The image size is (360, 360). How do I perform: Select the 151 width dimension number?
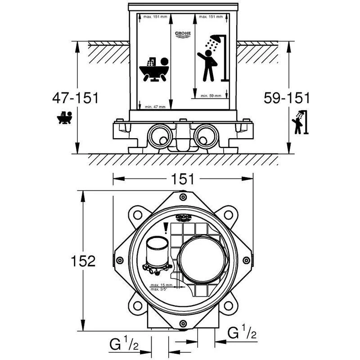click(182, 179)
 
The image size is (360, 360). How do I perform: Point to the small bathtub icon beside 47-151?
click(65, 118)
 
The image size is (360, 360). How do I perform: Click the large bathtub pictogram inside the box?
click(153, 70)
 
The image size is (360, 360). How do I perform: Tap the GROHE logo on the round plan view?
click(184, 218)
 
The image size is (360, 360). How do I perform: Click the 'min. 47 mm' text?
click(155, 107)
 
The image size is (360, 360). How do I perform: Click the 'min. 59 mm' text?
click(211, 96)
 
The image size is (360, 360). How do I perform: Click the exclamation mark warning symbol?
click(166, 229)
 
